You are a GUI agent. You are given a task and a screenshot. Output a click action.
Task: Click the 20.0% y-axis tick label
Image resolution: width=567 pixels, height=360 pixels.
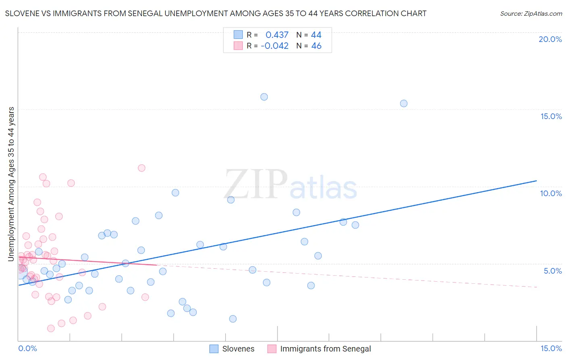point(550,39)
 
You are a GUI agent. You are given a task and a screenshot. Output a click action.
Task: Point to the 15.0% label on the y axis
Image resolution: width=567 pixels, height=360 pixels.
point(551,116)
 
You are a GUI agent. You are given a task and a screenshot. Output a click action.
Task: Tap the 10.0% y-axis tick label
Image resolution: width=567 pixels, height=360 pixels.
point(551,193)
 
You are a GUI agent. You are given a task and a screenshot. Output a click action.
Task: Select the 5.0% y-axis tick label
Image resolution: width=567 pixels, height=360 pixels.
point(552,271)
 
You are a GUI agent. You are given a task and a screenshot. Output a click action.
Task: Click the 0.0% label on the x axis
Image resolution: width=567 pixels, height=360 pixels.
point(27,348)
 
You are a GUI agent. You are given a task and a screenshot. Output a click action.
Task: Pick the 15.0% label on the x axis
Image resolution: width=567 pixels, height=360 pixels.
point(551,348)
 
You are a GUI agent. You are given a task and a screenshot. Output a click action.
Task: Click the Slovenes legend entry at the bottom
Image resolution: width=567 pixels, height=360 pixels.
point(238,349)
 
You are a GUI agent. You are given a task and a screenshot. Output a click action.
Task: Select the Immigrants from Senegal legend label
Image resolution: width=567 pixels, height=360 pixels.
point(325,349)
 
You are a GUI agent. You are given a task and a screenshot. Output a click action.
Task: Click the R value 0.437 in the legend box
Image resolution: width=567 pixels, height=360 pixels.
point(277,35)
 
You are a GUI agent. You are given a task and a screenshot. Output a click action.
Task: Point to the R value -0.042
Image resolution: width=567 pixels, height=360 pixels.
point(275,46)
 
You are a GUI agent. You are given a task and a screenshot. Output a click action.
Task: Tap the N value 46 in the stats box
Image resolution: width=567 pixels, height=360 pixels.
point(316,46)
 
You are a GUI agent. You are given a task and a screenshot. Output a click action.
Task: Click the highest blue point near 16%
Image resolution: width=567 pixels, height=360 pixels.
point(264,97)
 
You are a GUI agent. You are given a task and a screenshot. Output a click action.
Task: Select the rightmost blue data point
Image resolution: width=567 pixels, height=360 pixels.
point(404,103)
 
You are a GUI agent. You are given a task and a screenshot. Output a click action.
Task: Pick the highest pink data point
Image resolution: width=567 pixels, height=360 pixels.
point(142,168)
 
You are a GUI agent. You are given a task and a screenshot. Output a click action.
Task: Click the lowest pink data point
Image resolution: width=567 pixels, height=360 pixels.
point(51,329)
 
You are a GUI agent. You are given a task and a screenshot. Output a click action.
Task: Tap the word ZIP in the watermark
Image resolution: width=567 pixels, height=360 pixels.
point(256,184)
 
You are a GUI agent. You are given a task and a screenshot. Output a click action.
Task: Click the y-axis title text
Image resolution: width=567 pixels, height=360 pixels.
point(11,184)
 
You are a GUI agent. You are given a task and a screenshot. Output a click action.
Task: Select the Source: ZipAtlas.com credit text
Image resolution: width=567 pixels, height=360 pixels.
point(531,14)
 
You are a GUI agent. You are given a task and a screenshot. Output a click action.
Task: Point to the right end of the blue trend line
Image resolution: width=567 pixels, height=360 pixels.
point(536,181)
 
